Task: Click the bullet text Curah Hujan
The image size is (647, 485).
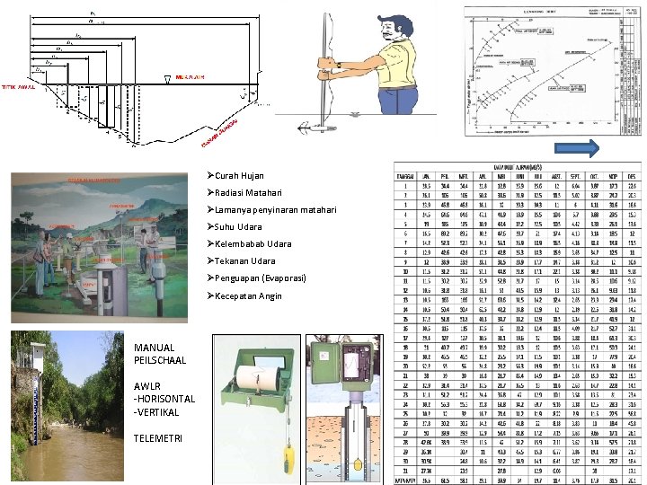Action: click(239, 176)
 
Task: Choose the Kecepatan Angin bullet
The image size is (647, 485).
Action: click(248, 295)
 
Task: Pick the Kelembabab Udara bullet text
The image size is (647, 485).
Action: click(253, 244)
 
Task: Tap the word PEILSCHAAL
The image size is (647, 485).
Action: click(160, 360)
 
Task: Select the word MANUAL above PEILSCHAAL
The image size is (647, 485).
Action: click(154, 348)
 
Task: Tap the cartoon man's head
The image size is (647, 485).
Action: click(394, 31)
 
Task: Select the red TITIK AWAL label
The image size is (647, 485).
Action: click(16, 87)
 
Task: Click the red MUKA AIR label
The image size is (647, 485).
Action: click(191, 77)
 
